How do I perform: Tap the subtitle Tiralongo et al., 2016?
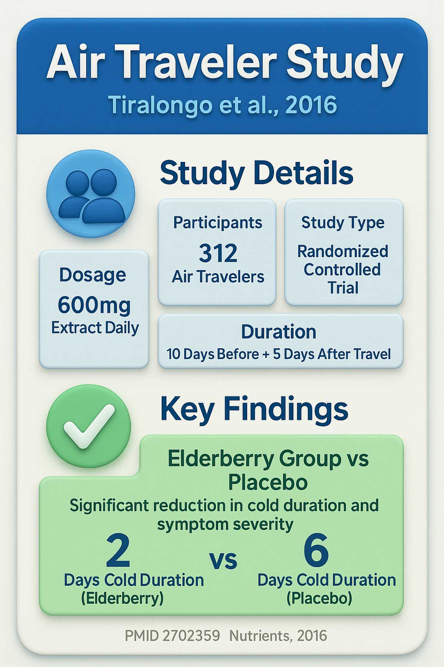pos(223,105)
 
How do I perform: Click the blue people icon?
pos(91,193)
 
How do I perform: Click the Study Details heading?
pos(256,173)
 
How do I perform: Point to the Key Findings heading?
pos(254,409)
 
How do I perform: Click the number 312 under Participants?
pos(218,253)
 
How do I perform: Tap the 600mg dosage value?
pos(94,305)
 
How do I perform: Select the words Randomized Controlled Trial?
pos(343,269)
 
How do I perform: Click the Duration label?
pos(279,332)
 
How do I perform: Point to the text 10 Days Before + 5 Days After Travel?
pos(279,354)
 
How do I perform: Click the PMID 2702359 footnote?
pos(172,636)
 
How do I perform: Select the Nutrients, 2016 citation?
pos(278,636)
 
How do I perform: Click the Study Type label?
pos(343,223)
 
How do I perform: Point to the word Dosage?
pos(93,275)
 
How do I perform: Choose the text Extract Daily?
pos(95,328)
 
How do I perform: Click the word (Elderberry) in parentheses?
pos(122,598)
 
